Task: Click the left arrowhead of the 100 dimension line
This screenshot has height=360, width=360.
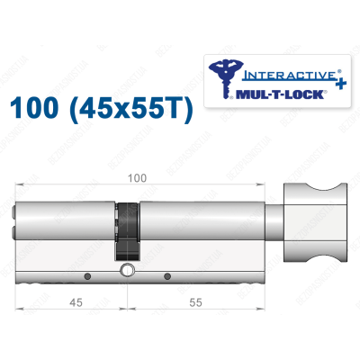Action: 20,186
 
